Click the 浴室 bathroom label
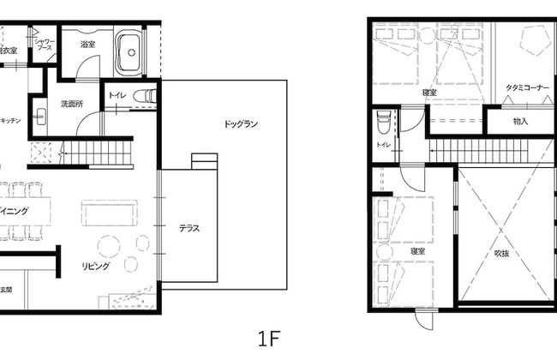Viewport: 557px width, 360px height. click(x=87, y=44)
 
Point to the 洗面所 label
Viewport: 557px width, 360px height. click(x=70, y=104)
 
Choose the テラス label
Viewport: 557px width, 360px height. click(x=189, y=228)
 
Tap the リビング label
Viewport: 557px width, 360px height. click(x=95, y=267)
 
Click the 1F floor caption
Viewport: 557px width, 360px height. click(x=268, y=337)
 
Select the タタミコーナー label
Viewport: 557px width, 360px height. click(x=528, y=87)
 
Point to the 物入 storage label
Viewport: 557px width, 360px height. click(x=520, y=122)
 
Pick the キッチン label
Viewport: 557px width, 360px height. click(x=10, y=121)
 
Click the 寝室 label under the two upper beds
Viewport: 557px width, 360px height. click(x=430, y=93)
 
